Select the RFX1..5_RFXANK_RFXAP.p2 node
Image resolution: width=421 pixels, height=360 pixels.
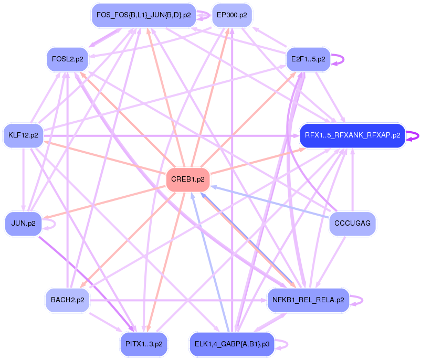(x=352, y=135)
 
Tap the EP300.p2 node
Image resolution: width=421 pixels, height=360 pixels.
(x=232, y=15)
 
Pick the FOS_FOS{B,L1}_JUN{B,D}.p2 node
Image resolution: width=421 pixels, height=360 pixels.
(x=143, y=15)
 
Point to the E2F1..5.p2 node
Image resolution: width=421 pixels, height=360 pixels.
(x=308, y=59)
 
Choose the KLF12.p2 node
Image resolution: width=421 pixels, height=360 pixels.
(x=23, y=135)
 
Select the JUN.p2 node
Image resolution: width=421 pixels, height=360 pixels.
(x=23, y=223)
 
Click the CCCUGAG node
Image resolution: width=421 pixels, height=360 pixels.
(x=352, y=224)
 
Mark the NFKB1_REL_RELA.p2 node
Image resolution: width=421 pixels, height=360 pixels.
(x=308, y=300)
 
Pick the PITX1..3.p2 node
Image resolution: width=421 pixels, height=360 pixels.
(x=143, y=344)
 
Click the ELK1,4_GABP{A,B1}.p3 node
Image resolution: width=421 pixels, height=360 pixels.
(x=231, y=344)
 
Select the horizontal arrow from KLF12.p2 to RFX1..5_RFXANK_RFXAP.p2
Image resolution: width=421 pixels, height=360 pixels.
(x=157, y=135)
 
